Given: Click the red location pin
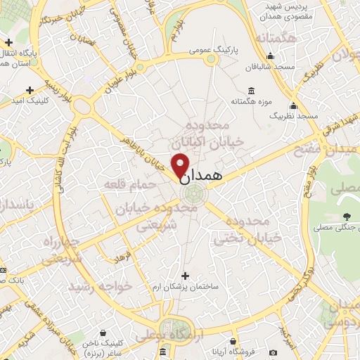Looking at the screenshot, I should (x=181, y=166).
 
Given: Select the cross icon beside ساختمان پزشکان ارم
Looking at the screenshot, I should (x=185, y=275).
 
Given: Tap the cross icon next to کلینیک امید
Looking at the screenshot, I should (x=30, y=89).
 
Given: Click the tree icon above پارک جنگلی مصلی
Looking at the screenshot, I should (x=346, y=216).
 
